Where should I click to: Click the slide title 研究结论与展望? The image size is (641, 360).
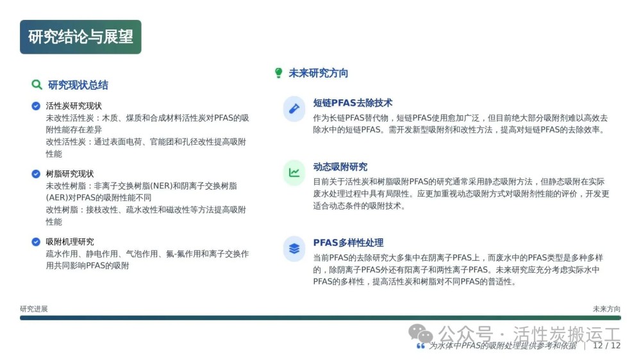(x=81, y=37)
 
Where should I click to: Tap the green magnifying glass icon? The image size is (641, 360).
(x=37, y=85)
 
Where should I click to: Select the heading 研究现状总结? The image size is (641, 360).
(x=78, y=85)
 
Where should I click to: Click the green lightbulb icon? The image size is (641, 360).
(x=278, y=73)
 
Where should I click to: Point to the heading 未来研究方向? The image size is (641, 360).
(x=319, y=73)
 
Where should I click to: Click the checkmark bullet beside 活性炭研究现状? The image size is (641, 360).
(x=36, y=106)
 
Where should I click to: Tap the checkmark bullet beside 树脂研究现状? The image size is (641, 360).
(x=36, y=174)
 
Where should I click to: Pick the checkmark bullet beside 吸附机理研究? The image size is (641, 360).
(x=36, y=241)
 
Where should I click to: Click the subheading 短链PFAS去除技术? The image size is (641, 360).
(x=353, y=102)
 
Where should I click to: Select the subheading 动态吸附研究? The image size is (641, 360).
(x=340, y=167)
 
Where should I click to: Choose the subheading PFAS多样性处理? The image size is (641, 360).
(x=348, y=243)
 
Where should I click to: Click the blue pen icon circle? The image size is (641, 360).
(x=294, y=109)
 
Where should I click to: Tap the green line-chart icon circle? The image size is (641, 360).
(x=294, y=173)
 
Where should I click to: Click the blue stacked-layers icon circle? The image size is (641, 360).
(x=294, y=249)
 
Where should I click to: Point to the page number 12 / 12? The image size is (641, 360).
(x=606, y=346)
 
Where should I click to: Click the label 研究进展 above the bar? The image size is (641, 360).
(x=34, y=309)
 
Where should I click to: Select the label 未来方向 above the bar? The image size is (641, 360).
(x=606, y=309)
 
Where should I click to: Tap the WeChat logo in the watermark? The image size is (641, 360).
(x=420, y=334)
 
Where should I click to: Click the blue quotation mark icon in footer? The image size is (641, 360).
(x=420, y=346)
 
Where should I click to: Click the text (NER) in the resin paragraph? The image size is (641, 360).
(x=162, y=186)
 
